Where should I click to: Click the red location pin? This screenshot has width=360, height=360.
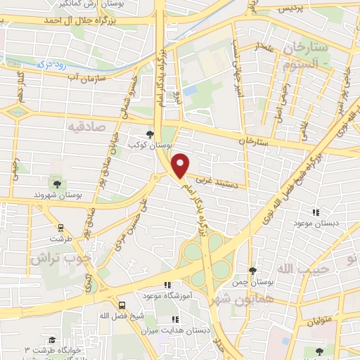pos(180,165)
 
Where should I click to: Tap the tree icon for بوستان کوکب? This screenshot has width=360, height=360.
pos(149,133)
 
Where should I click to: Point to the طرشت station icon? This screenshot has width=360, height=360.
pos(60,227)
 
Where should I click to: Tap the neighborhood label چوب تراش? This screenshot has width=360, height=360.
pos(61,257)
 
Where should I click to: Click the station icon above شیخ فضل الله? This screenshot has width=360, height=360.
pos(123,305)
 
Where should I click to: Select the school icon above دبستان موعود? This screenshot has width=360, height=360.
pos(316,212)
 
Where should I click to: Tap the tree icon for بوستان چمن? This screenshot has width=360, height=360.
pos(252,271)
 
